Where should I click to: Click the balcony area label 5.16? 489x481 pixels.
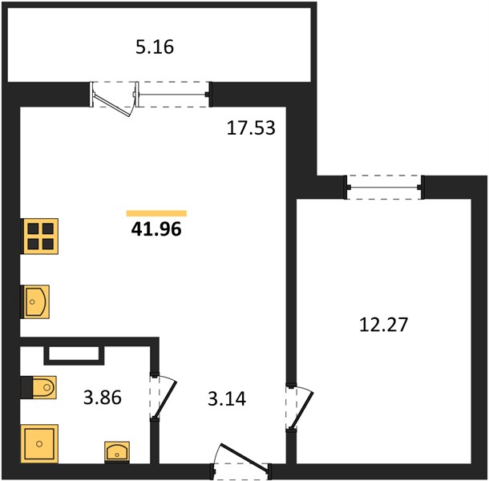point(155,47)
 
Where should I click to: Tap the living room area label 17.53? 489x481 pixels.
point(251,128)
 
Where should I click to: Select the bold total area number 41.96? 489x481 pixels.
point(156,229)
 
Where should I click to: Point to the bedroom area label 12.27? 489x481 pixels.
point(384,325)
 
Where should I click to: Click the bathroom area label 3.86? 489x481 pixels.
point(103,398)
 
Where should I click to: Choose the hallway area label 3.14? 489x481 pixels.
point(227,398)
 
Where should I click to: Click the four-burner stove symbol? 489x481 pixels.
point(39,236)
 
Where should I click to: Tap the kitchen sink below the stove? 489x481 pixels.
point(34,301)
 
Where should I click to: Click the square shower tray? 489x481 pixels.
point(39,443)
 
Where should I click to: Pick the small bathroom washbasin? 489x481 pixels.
point(117,452)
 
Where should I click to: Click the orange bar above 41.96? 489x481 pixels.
point(156,213)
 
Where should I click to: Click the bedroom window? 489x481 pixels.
point(384,187)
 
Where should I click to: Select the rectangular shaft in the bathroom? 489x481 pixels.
point(74,355)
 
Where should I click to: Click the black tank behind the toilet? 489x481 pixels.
point(26,387)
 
